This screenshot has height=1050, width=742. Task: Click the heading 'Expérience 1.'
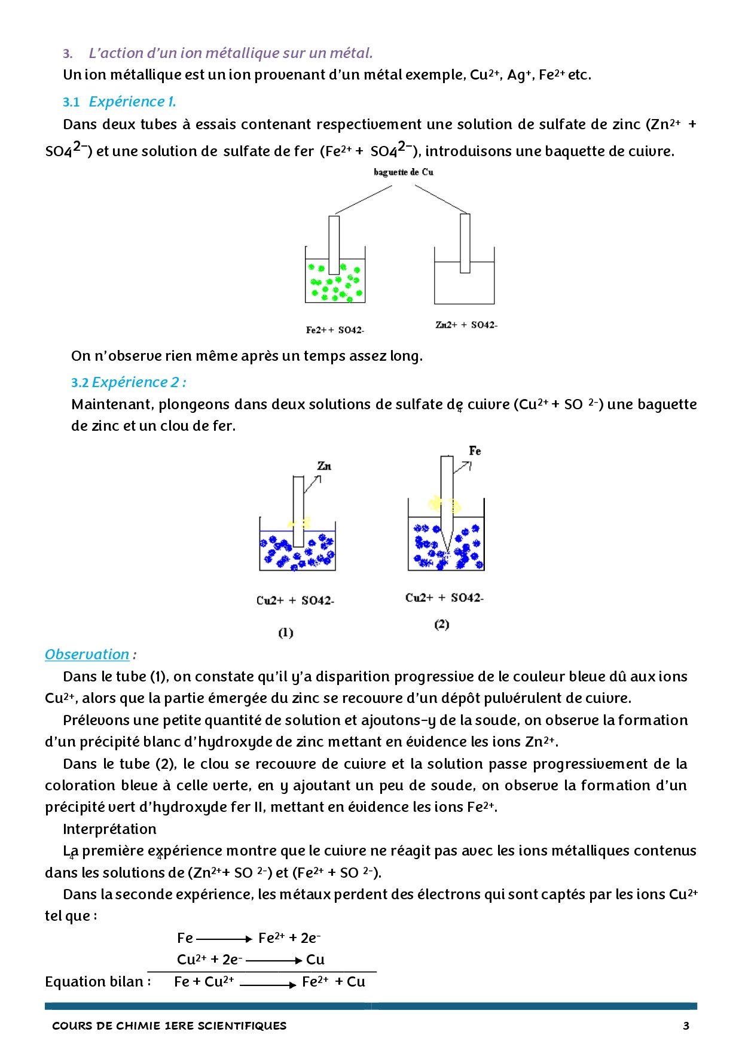click(x=132, y=102)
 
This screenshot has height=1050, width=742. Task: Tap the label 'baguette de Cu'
click(x=404, y=172)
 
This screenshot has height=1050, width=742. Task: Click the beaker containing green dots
click(x=335, y=281)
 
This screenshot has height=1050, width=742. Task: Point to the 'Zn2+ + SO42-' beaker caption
click(x=466, y=325)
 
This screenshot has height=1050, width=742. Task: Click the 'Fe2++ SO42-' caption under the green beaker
click(x=335, y=330)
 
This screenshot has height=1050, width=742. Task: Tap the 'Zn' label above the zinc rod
click(x=324, y=465)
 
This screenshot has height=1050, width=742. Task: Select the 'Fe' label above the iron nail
click(x=475, y=451)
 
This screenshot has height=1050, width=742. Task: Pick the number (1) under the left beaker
click(x=286, y=632)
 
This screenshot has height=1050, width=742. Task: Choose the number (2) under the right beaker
click(x=441, y=624)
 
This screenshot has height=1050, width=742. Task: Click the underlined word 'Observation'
click(x=87, y=655)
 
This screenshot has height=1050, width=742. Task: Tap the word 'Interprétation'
click(x=109, y=829)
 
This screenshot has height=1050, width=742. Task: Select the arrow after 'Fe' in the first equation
click(x=224, y=939)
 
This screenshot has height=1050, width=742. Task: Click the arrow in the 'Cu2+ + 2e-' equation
click(x=274, y=960)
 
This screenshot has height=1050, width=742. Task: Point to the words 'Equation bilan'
click(x=94, y=982)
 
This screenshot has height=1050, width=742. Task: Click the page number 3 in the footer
click(x=686, y=1025)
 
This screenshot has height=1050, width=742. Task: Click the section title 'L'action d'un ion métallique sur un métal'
click(x=230, y=53)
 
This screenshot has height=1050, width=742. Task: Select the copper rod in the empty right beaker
click(x=465, y=243)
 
